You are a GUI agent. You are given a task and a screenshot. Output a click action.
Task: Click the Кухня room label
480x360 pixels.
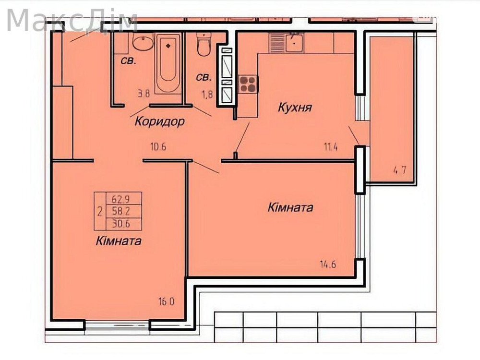coord(295,107)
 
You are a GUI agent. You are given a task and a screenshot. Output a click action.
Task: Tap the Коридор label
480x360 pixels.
coord(159,121)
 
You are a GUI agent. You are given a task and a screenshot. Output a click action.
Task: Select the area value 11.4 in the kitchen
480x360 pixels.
coord(330,147)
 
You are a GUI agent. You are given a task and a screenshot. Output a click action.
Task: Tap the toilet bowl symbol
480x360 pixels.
coord(204,46)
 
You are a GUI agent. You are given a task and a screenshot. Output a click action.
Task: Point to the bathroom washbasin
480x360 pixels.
coord(142,44)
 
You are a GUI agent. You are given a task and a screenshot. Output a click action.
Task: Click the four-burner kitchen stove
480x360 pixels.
coord(248,84)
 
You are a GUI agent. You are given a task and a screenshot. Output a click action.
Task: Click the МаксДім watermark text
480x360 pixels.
coord(72,20)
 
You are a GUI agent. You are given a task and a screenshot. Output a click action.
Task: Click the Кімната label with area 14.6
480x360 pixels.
coord(290,207)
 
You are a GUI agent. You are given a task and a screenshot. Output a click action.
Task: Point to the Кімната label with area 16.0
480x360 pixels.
coord(118,241)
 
